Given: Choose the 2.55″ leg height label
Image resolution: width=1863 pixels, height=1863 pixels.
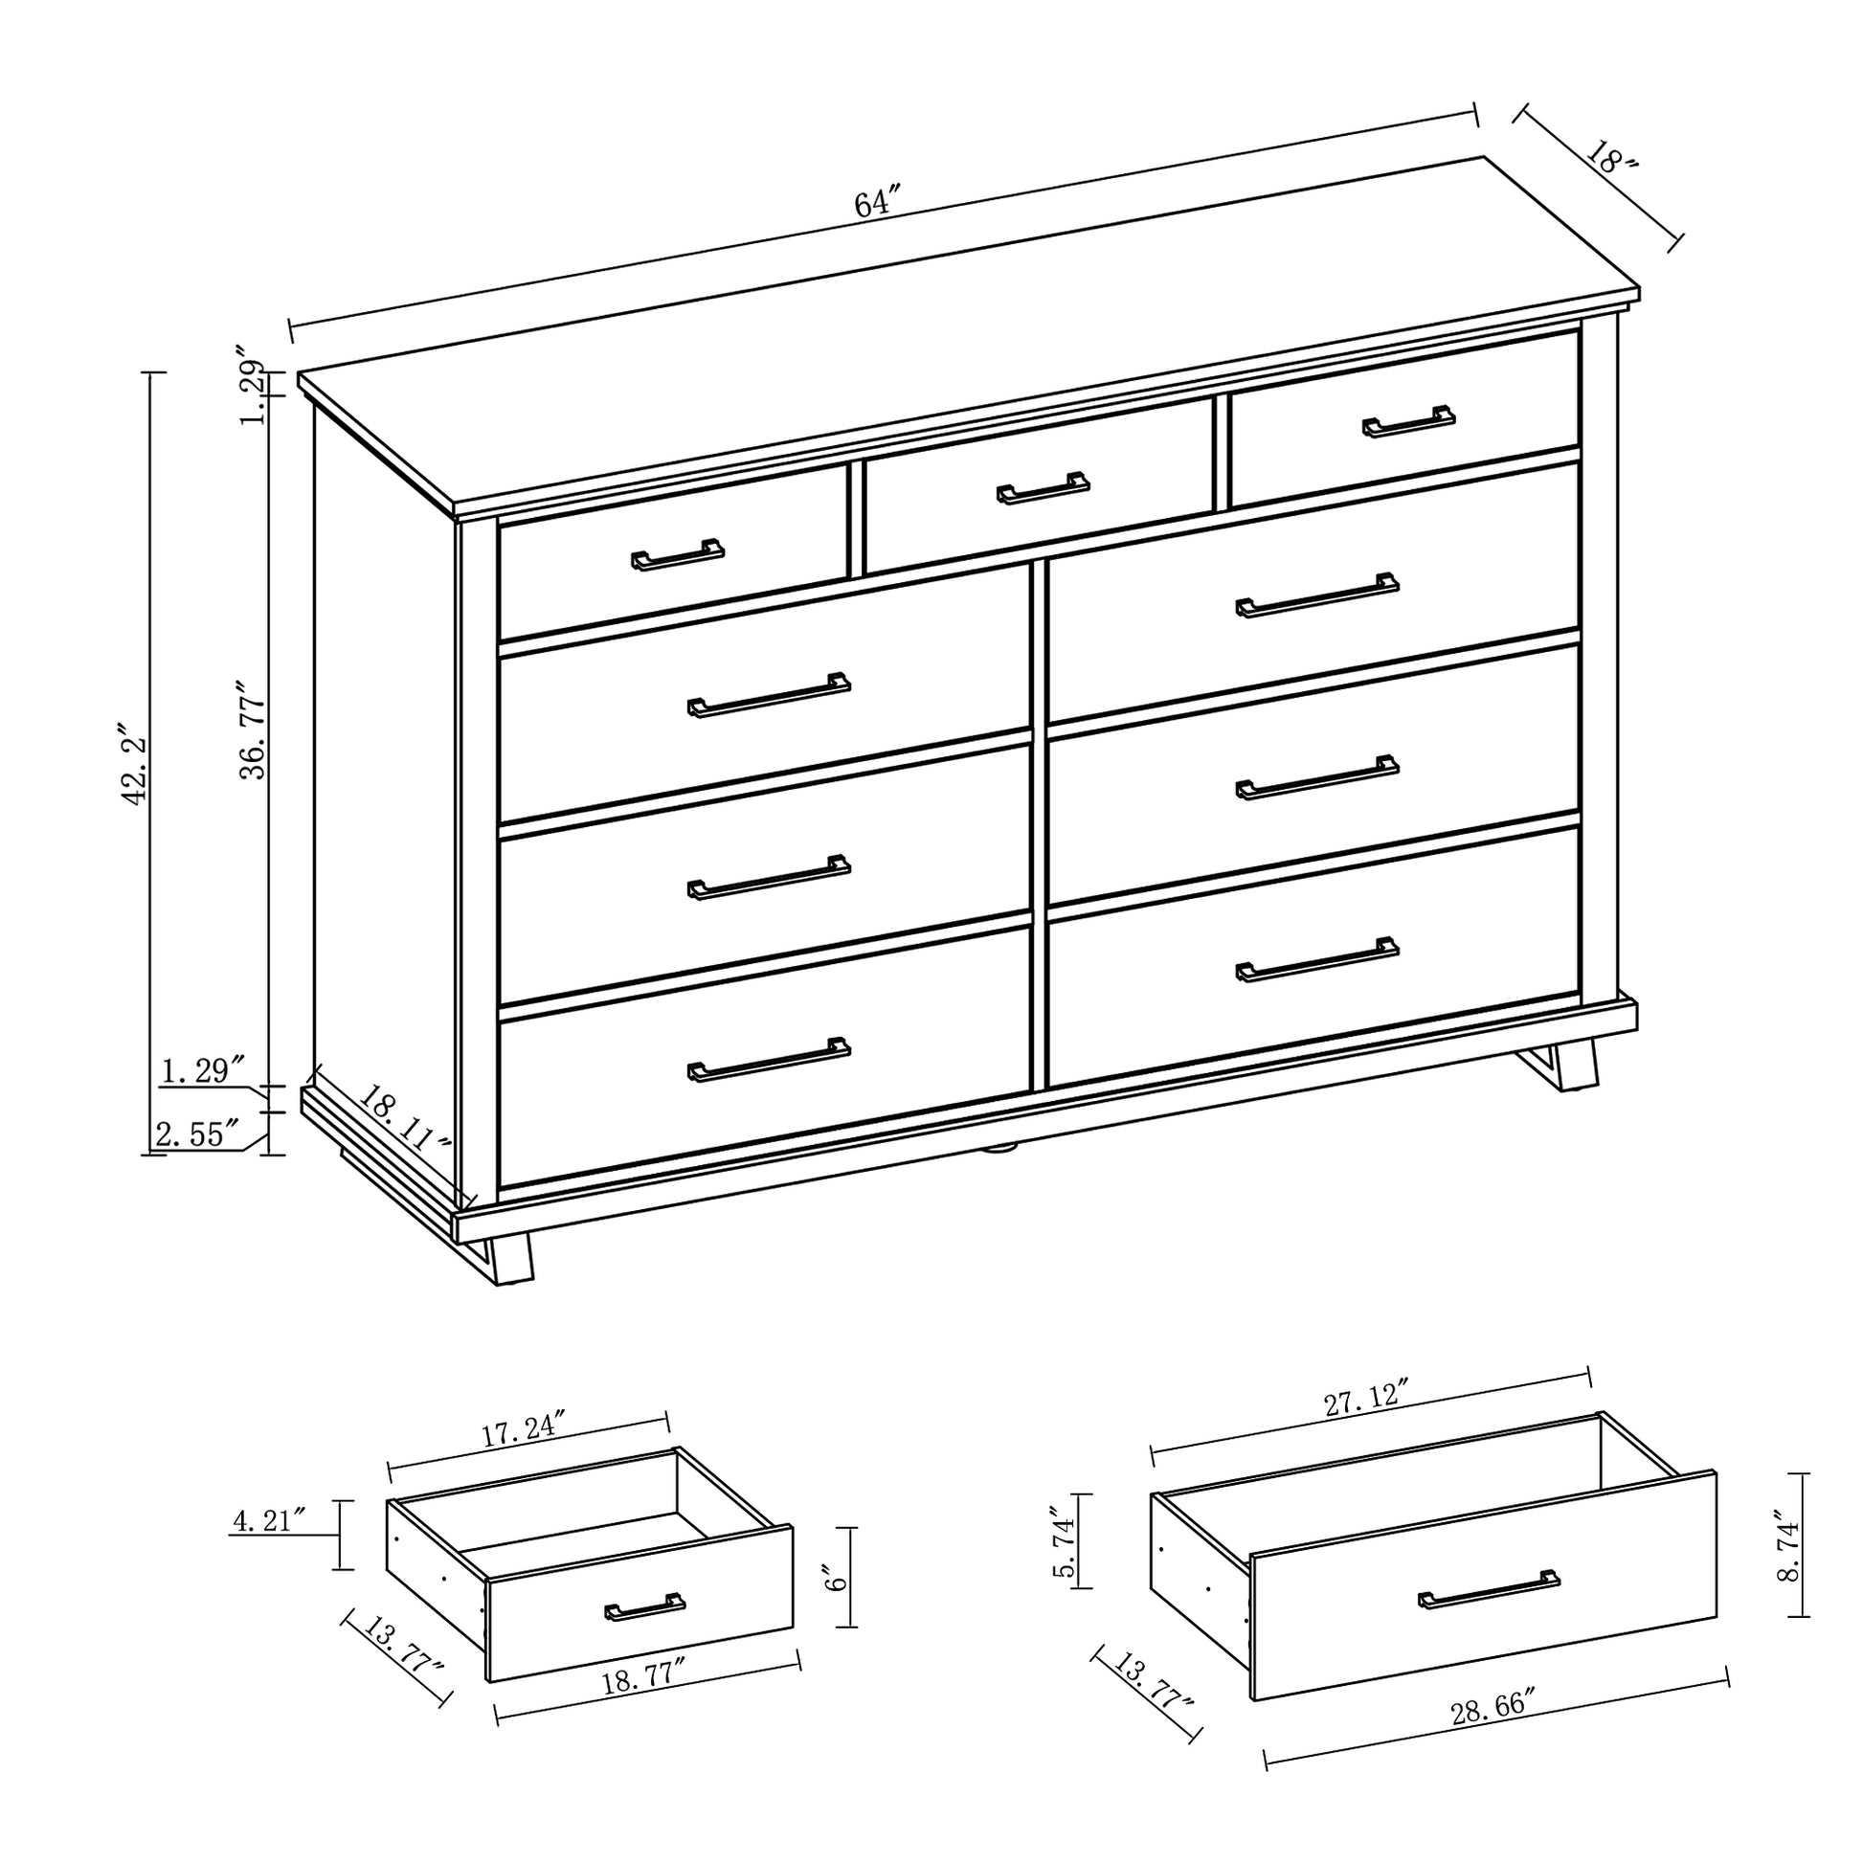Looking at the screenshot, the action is pyautogui.click(x=197, y=1135).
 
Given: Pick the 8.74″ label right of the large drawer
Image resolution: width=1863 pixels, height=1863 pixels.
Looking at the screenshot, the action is pyautogui.click(x=1789, y=1549).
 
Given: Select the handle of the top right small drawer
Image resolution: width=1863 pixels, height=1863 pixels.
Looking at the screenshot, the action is pyautogui.click(x=1409, y=421).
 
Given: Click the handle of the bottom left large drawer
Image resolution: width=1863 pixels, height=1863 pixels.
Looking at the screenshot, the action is pyautogui.click(x=770, y=1060).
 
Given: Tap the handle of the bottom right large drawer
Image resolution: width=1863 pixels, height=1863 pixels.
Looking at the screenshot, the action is pyautogui.click(x=1317, y=959).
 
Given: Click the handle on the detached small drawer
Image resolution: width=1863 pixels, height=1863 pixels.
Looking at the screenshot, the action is pyautogui.click(x=645, y=1606).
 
